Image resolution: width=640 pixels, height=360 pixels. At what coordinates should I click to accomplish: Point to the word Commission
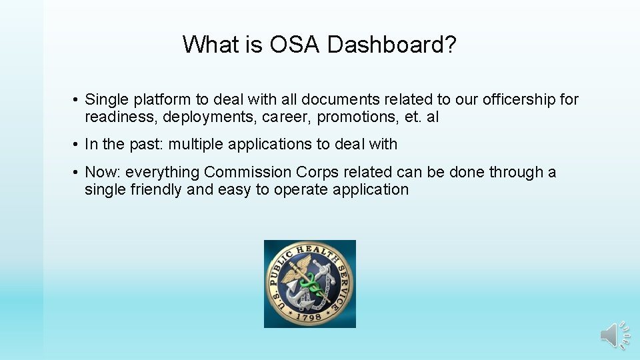pos(242,172)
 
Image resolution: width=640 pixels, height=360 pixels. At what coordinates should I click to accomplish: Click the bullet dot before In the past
pos(77,145)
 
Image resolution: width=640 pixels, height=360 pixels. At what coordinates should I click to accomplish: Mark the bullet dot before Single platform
pos(77,101)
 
